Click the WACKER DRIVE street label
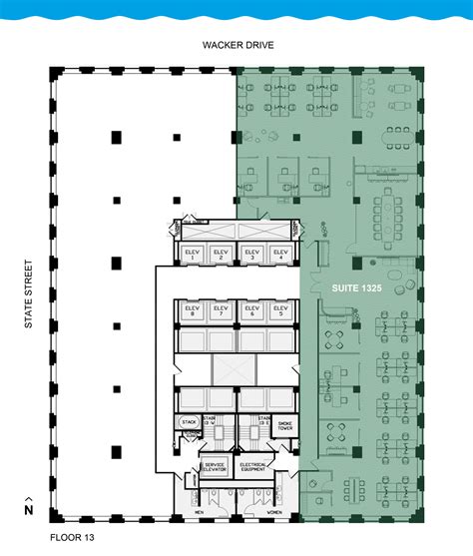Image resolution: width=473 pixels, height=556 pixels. [237, 45]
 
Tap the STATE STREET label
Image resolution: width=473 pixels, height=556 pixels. [30, 294]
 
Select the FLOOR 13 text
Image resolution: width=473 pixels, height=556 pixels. [44, 540]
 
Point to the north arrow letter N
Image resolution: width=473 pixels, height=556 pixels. [29, 510]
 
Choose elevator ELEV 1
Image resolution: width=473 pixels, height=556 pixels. [191, 254]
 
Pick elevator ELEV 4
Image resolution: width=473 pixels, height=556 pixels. [280, 254]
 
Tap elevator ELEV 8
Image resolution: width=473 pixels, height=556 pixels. [191, 311]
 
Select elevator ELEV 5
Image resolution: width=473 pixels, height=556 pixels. [280, 311]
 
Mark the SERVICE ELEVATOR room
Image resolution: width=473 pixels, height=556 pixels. [215, 467]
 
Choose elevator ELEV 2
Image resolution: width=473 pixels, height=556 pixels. [221, 254]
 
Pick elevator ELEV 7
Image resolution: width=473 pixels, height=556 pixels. [221, 311]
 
